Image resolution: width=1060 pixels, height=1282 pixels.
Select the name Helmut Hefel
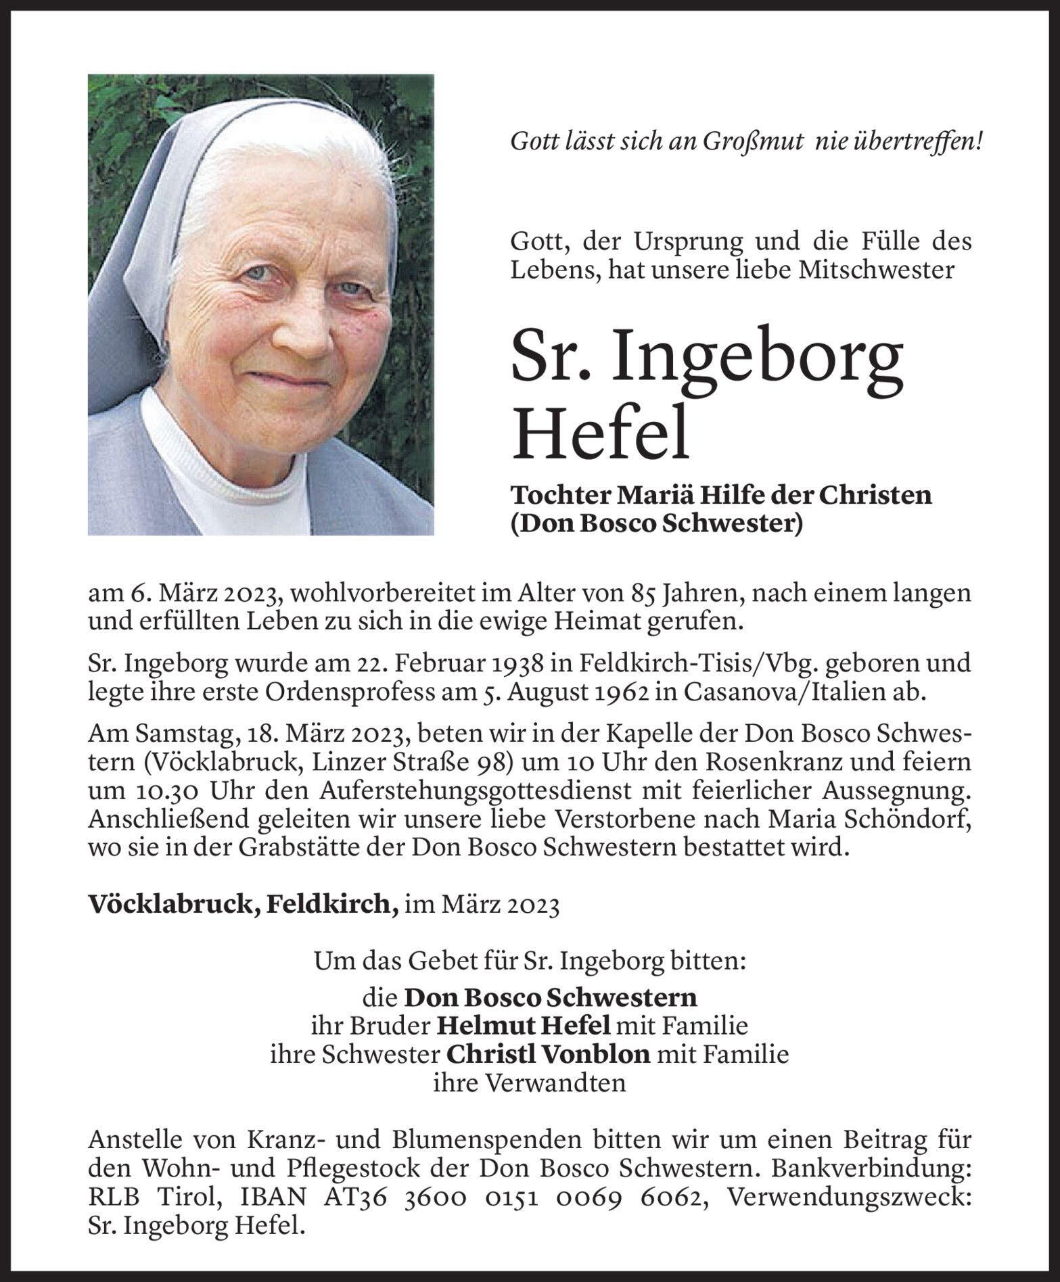coord(523,1026)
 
